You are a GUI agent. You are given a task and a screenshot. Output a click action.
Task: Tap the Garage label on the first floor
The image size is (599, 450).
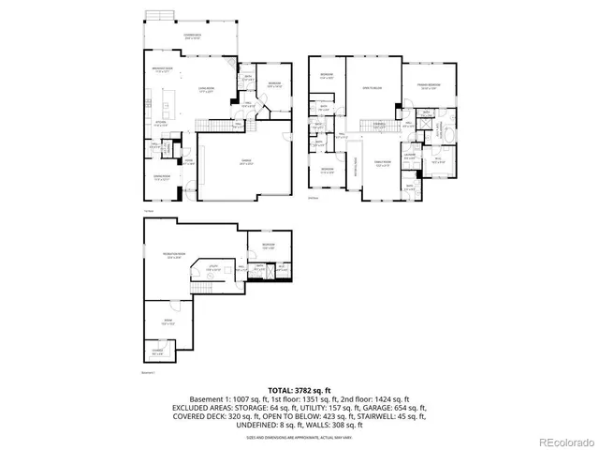click(x=245, y=161)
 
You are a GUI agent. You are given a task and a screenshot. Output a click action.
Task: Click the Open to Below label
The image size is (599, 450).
click(x=373, y=88)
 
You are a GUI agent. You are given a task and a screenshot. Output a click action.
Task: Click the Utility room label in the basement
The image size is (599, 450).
click(x=213, y=268)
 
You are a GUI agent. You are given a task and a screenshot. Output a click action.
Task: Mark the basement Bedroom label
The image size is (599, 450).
click(x=268, y=247)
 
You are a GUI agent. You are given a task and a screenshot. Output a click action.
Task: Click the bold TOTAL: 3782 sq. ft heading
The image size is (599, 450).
click(x=299, y=388)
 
